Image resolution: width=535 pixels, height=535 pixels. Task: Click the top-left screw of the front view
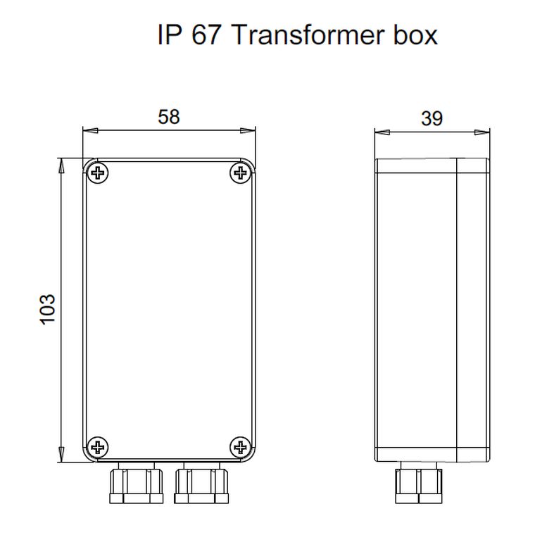click(x=98, y=173)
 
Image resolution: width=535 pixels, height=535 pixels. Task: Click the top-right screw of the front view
click(x=241, y=173)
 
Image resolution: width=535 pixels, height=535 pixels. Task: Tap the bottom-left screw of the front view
click(x=98, y=447)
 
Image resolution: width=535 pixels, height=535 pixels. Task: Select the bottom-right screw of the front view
click(x=241, y=447)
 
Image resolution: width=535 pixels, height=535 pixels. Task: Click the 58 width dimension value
click(x=168, y=117)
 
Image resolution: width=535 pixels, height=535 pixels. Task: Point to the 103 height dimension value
click(x=47, y=310)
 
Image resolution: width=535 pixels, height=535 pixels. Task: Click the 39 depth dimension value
click(x=432, y=119)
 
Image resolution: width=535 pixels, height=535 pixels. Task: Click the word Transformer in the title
click(x=308, y=34)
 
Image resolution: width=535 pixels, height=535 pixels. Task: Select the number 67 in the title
click(x=206, y=34)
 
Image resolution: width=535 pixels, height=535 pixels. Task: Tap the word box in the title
click(x=415, y=34)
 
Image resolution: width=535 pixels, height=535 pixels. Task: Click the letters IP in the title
click(x=169, y=34)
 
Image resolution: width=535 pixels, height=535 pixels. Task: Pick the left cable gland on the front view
click(x=136, y=483)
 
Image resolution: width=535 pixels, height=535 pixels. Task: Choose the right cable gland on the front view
click(x=201, y=483)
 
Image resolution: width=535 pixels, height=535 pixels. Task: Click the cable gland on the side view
click(x=419, y=483)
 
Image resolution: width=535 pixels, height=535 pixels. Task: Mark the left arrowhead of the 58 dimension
click(x=91, y=130)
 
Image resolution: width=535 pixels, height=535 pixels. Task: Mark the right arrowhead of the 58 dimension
click(x=247, y=130)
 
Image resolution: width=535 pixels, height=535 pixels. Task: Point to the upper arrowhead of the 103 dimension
click(x=61, y=166)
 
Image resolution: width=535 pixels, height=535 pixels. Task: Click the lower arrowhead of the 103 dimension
click(x=61, y=455)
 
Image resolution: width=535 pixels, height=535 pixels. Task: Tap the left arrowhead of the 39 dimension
click(x=382, y=132)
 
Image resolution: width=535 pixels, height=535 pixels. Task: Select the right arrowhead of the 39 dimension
click(x=481, y=132)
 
